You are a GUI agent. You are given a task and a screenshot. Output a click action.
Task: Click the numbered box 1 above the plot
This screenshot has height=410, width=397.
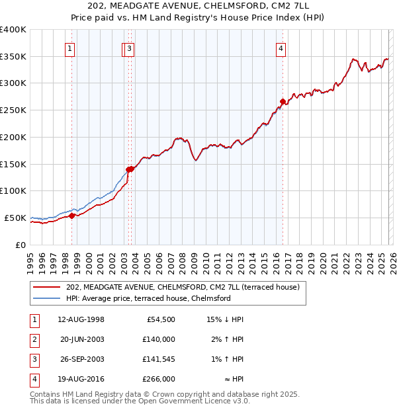(x=70, y=48)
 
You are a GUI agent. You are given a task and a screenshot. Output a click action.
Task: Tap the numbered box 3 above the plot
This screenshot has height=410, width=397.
(x=130, y=48)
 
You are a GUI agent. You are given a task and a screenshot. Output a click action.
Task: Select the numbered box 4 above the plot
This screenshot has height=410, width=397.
(x=281, y=48)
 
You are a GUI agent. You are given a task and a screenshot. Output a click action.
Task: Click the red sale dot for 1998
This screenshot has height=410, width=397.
(x=71, y=216)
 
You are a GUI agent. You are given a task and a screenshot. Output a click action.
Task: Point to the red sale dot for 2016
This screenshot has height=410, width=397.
(x=283, y=101)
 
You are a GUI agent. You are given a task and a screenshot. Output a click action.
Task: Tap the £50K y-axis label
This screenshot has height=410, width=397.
(x=15, y=218)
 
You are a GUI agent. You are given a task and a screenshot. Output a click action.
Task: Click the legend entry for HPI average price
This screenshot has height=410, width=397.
(x=148, y=298)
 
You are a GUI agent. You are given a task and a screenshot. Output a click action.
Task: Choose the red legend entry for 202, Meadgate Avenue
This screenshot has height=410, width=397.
(x=183, y=287)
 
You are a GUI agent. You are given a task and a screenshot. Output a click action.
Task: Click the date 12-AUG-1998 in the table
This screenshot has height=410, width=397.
(x=81, y=319)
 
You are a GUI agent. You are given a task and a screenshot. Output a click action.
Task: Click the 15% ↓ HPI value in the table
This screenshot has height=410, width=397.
(x=224, y=319)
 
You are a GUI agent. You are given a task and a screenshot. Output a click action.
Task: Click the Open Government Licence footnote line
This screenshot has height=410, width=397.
(x=140, y=401)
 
